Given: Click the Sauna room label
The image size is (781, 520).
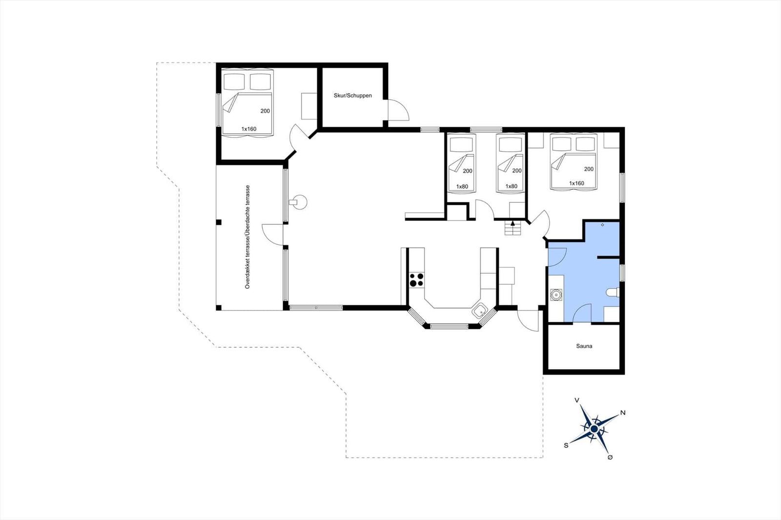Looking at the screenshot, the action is (584, 346).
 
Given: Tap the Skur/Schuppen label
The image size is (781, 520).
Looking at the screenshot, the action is (352, 96).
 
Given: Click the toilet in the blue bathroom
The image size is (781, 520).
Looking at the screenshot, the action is (613, 292).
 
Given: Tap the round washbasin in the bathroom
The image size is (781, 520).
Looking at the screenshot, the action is (556, 295).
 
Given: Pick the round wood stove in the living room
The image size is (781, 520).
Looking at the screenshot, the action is (299, 202).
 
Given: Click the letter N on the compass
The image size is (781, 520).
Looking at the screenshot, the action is (623, 413).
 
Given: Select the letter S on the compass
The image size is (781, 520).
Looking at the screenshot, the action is (566, 445).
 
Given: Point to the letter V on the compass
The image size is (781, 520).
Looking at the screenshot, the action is (577, 400).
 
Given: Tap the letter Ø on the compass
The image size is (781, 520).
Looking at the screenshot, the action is (610, 457).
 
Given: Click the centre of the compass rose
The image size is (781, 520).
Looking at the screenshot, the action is (595, 429).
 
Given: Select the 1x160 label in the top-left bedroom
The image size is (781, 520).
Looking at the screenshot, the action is (249, 129).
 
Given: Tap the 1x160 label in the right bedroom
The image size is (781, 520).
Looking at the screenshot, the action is (576, 183).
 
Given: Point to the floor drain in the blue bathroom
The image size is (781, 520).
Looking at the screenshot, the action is (602, 225).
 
